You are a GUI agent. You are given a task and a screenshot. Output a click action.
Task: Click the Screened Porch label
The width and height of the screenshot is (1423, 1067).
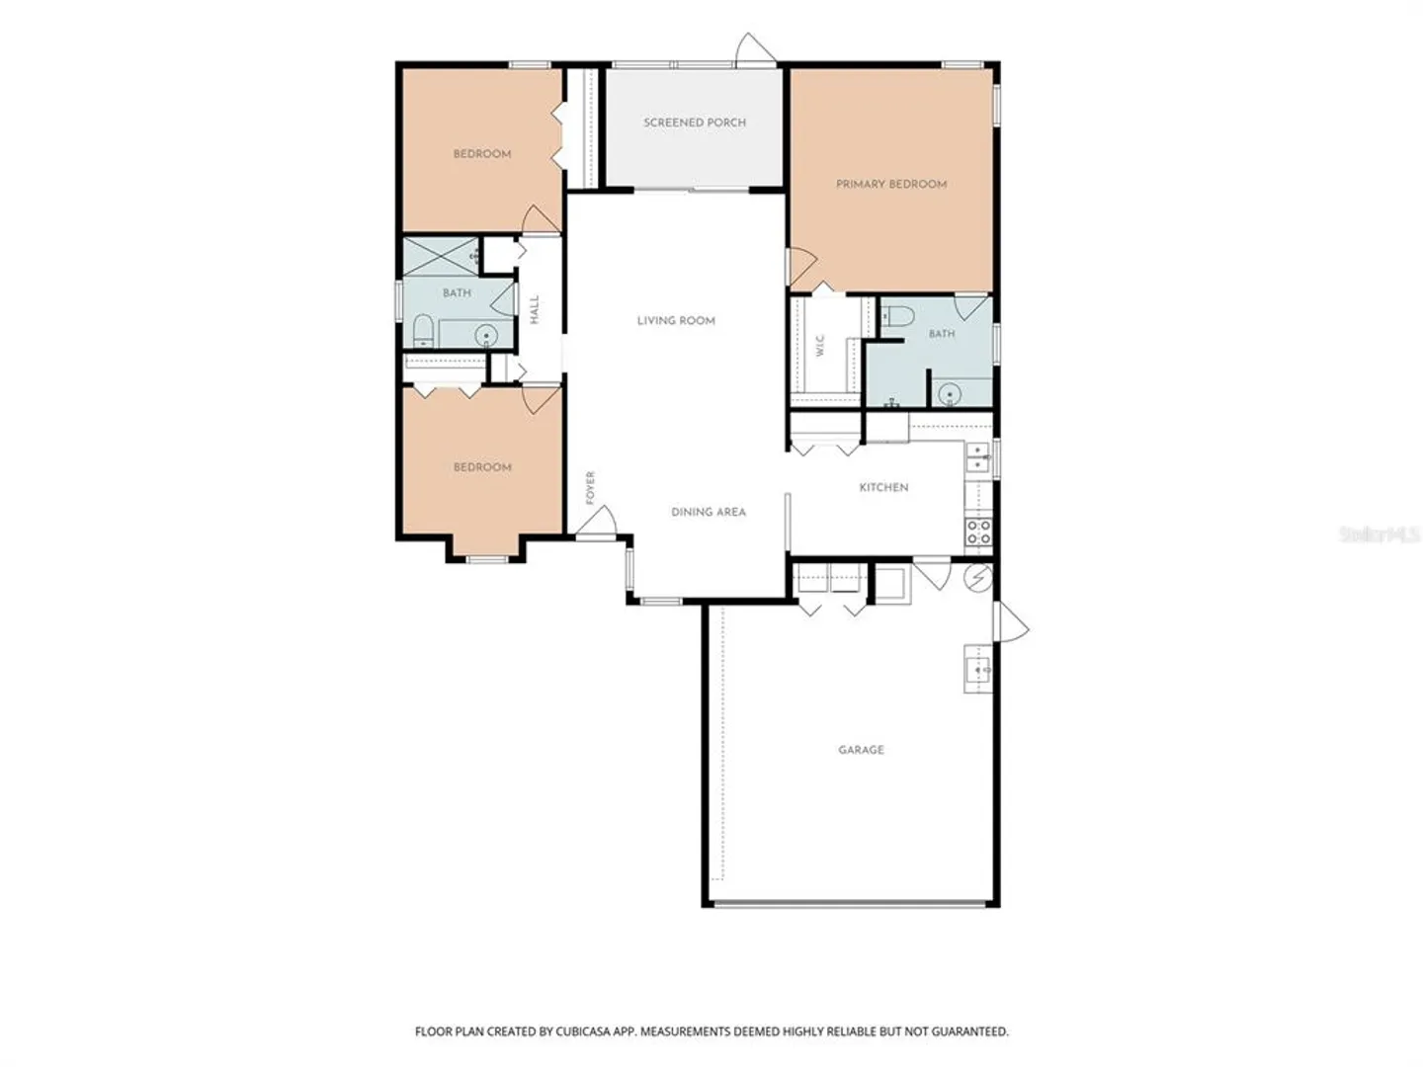pos(695,123)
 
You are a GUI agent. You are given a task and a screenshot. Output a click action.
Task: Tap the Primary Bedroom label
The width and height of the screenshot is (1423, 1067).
pos(890,184)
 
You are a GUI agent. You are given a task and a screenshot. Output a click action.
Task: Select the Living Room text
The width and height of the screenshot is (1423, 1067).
pos(676,321)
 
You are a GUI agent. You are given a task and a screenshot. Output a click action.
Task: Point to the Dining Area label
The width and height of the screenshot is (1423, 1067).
pos(708,512)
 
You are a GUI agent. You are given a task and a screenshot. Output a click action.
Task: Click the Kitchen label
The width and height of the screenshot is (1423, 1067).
pos(883,487)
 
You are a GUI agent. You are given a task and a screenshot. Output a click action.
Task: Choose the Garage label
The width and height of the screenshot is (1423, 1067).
pos(861,750)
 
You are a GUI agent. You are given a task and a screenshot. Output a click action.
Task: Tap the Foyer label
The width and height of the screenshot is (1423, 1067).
pos(590,487)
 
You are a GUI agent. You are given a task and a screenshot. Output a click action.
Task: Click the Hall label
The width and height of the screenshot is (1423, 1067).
pos(535,309)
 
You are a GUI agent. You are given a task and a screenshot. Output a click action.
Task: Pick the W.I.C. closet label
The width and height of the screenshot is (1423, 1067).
pos(819,345)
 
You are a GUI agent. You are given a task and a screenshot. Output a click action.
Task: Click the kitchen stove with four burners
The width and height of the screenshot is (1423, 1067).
pos(978,532)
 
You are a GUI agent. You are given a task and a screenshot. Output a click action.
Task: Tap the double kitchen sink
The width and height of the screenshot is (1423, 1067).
pos(977,457)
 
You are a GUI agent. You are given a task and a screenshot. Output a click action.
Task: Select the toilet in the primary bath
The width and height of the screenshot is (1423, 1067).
pos(897,316)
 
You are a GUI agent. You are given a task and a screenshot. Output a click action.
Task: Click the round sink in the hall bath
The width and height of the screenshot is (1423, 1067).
pos(485,335)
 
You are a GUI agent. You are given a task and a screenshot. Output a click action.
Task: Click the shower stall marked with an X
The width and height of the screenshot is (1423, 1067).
pos(441,257)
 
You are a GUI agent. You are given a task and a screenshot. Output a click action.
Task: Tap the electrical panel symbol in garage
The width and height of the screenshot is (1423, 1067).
pos(977,577)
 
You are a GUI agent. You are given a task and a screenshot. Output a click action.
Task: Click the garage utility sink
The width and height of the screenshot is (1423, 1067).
pos(977,668)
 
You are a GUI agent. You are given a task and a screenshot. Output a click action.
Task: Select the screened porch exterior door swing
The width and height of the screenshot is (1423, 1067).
pos(756,49)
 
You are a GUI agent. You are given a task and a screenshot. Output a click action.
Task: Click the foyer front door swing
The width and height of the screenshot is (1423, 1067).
pos(597,523)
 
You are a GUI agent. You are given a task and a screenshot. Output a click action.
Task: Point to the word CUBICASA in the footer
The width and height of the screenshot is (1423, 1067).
pos(583,1030)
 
